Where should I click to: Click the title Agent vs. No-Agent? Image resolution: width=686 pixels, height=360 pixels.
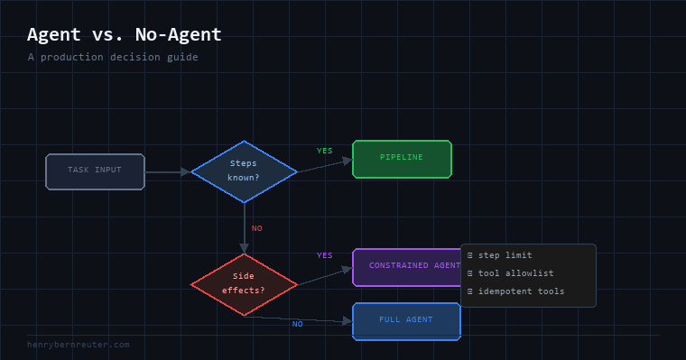click(125, 34)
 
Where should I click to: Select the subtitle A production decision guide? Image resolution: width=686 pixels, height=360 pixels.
click(113, 58)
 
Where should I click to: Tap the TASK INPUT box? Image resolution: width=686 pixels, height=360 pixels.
click(95, 171)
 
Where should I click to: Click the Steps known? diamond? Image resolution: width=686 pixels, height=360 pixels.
click(244, 171)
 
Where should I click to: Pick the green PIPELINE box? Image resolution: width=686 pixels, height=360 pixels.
click(402, 159)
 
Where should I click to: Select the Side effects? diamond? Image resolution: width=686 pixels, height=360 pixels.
click(244, 284)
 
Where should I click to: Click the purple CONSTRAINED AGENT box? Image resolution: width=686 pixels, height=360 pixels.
click(406, 267)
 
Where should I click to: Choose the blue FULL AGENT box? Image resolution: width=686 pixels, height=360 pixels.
click(406, 321)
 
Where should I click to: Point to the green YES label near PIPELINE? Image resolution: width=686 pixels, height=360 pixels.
click(325, 151)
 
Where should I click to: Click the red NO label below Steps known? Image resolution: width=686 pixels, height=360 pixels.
click(257, 228)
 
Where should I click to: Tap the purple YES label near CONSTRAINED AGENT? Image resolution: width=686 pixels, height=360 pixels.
click(325, 255)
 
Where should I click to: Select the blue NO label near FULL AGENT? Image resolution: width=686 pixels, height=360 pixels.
click(298, 324)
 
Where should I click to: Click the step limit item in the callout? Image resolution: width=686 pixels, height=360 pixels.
click(505, 255)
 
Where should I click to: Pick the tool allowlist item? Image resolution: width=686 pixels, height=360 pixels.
click(515, 273)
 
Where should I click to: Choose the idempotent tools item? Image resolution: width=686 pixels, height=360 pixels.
click(521, 291)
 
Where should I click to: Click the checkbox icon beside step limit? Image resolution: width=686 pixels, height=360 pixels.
click(470, 255)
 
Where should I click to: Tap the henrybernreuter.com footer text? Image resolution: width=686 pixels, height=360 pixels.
click(79, 345)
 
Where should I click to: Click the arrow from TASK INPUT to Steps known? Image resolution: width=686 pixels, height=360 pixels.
click(168, 172)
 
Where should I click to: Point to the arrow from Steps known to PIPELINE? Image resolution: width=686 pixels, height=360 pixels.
click(325, 166)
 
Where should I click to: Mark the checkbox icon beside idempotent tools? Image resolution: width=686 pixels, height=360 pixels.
click(470, 291)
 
